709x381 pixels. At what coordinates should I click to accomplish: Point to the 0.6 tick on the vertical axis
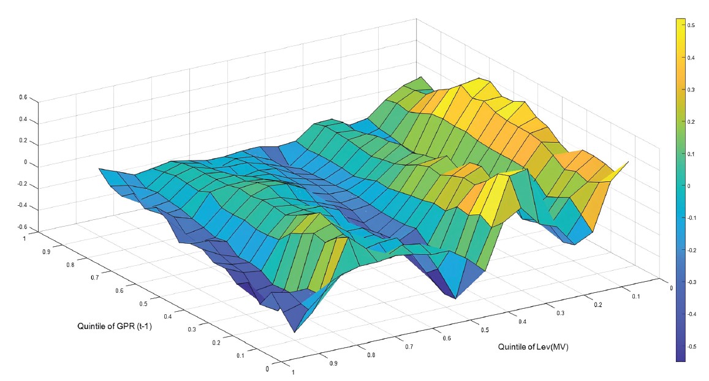[23, 97]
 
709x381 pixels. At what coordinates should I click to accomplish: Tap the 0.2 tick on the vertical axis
[23, 141]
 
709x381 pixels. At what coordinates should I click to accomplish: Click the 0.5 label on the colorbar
[691, 25]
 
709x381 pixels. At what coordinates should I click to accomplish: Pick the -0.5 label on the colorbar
[691, 346]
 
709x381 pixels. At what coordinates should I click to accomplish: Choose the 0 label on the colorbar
[689, 186]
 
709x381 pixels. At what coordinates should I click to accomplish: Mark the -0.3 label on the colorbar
[691, 282]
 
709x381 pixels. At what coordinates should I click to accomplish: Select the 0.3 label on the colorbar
[691, 89]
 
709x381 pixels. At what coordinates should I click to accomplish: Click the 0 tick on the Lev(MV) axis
[671, 287]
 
